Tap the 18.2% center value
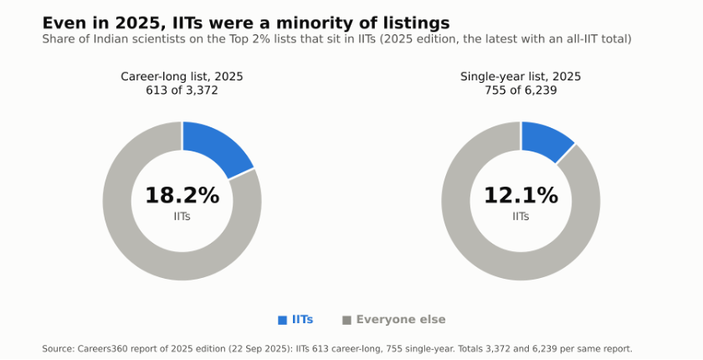point(182,195)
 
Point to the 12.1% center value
point(521,195)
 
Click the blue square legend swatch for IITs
point(283,320)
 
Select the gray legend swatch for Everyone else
point(346,320)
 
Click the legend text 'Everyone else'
point(401,320)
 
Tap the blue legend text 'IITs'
point(303,320)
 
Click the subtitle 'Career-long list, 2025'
point(182,77)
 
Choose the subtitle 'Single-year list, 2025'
point(521,77)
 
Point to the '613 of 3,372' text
point(182,90)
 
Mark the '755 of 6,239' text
point(521,90)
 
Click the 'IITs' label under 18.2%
point(182,217)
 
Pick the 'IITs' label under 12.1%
point(521,217)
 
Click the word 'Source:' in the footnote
point(59,349)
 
